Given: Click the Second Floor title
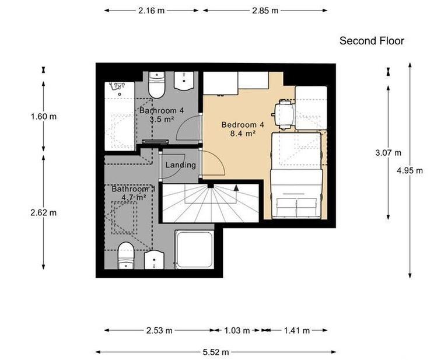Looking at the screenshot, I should (x=372, y=41).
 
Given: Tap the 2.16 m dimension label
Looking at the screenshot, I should (x=151, y=11).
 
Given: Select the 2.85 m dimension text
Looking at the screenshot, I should (x=265, y=11).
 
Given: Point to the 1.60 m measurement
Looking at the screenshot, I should (x=44, y=116).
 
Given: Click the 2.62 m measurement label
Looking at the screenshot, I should (x=44, y=212).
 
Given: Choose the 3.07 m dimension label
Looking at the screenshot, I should (x=388, y=153).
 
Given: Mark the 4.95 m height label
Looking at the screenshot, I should (x=409, y=170).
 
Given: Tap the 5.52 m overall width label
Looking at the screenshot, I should (x=216, y=352).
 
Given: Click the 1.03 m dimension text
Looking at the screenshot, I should (x=237, y=330).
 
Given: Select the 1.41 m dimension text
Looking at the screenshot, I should (x=296, y=330).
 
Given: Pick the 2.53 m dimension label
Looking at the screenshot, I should (x=159, y=330).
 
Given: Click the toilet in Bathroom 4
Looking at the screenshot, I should (x=157, y=86).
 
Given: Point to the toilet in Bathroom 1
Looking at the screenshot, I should (x=126, y=256).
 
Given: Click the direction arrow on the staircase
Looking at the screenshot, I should (x=236, y=188).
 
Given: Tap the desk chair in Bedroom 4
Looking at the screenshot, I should (x=284, y=113).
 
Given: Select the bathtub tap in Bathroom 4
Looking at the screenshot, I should (x=118, y=87).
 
